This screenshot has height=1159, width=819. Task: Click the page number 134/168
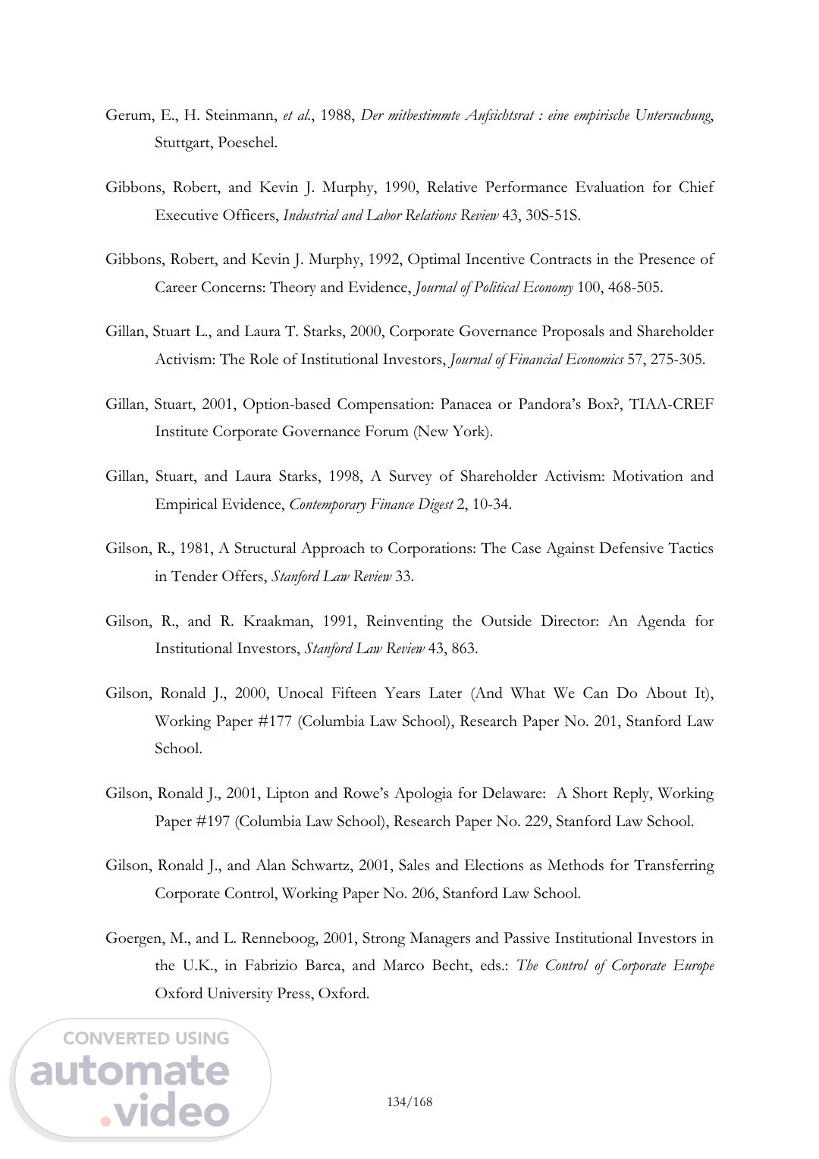409,1101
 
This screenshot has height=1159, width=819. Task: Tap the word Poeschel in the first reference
247,143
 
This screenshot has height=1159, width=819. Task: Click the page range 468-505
635,287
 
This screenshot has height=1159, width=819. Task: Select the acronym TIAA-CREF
671,404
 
